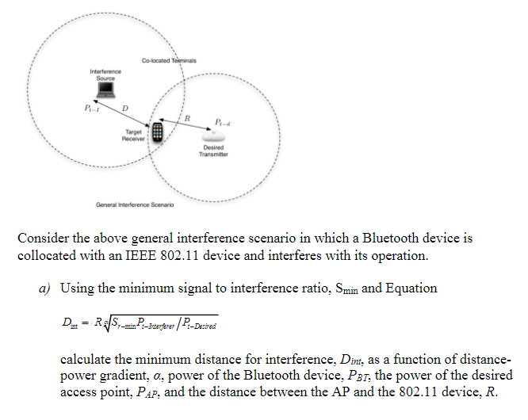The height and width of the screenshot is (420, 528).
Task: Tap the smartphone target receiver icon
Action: coord(159,132)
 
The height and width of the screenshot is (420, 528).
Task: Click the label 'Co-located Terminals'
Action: coord(169,61)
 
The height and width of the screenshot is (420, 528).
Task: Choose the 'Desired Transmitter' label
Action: coord(213,151)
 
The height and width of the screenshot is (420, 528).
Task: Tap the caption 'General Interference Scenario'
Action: coord(136,204)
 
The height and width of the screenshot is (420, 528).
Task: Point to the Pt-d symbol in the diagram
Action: coord(221,120)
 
